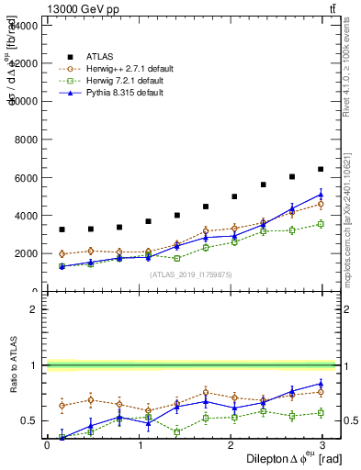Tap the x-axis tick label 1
coord(140,445)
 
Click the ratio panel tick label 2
coord(35,309)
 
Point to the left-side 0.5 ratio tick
coord(31,420)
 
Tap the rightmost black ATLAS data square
coord(321,169)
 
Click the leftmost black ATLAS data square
coord(61,229)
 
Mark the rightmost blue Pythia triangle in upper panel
coord(321,195)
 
